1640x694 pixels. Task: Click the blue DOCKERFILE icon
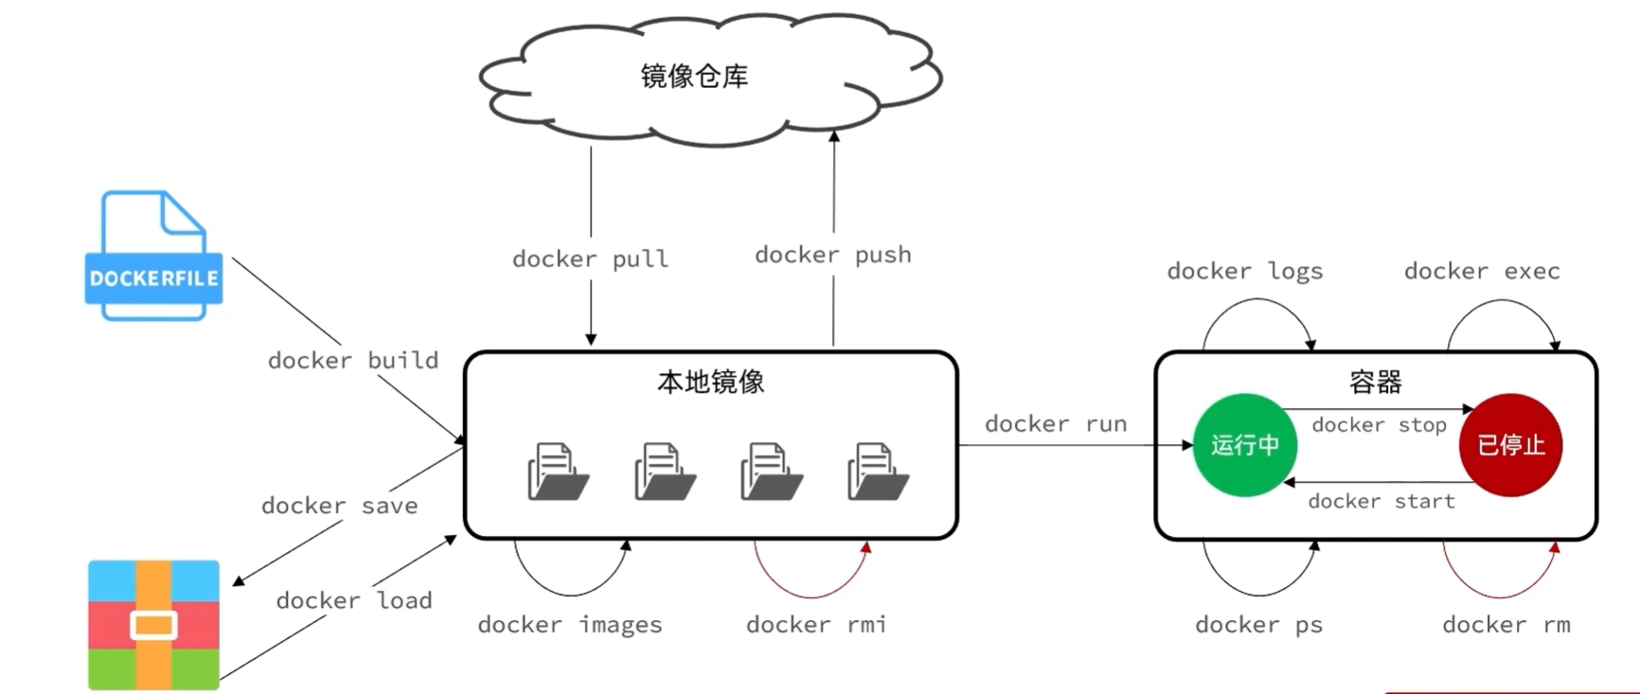pyautogui.click(x=153, y=257)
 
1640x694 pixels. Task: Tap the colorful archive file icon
pyautogui.click(x=153, y=625)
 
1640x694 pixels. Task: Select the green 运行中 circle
pyautogui.click(x=1244, y=445)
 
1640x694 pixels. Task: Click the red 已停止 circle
pyautogui.click(x=1510, y=445)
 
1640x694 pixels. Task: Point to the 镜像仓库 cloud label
pyautogui.click(x=694, y=77)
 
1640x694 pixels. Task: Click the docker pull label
pyautogui.click(x=590, y=259)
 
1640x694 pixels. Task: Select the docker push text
pyautogui.click(x=832, y=256)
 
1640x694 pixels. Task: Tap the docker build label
pyautogui.click(x=352, y=361)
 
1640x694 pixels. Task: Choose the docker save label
pyautogui.click(x=339, y=506)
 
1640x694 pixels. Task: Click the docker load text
pyautogui.click(x=353, y=601)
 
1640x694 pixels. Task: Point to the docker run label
pyautogui.click(x=1055, y=424)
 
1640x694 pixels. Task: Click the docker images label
pyautogui.click(x=569, y=625)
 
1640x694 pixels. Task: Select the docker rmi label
pyautogui.click(x=815, y=625)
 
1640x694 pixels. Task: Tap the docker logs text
pyautogui.click(x=1244, y=272)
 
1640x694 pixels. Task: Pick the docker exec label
pyautogui.click(x=1481, y=272)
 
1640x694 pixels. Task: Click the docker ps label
pyautogui.click(x=1258, y=625)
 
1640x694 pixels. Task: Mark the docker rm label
pyautogui.click(x=1506, y=625)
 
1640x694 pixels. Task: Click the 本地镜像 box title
pyautogui.click(x=710, y=382)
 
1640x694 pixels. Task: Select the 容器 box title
pyautogui.click(x=1375, y=383)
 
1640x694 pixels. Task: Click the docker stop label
pyautogui.click(x=1379, y=425)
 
